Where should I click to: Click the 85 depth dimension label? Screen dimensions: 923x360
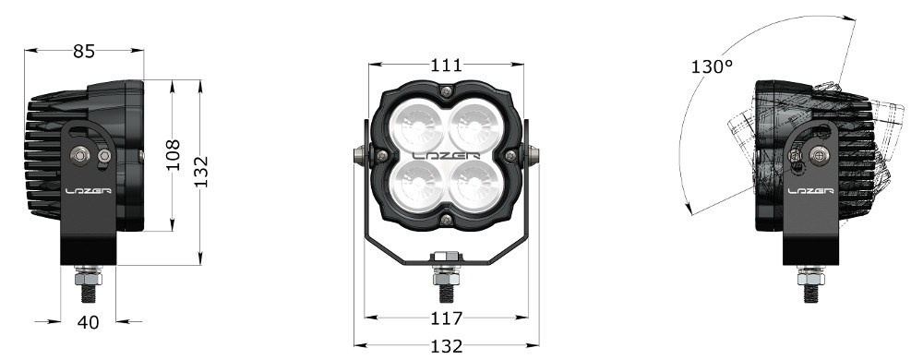coord(84,52)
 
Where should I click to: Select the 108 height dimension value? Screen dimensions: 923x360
coord(173,155)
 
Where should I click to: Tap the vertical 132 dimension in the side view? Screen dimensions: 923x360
coord(200,172)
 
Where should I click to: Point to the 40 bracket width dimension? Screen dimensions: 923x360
coord(89,322)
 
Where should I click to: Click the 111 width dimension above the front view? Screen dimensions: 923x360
coord(446,65)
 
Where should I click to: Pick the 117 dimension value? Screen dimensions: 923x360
coord(446,318)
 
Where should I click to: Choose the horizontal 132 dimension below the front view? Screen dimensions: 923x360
coord(446,346)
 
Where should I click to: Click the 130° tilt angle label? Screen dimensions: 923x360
coord(712,66)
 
